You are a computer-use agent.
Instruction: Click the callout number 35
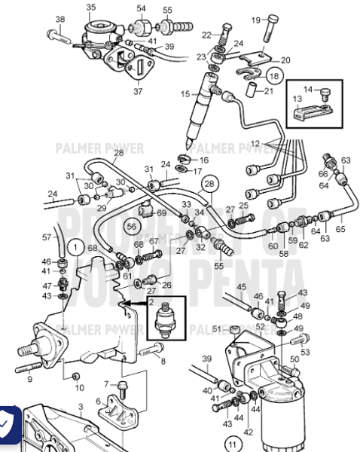coord(91,7)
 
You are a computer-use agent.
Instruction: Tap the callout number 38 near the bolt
coord(60,20)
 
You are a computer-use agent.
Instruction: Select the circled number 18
coord(273,76)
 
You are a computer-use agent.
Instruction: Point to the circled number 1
coord(75,246)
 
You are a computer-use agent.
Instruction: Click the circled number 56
coord(133,225)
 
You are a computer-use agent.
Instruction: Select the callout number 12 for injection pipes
coord(255,143)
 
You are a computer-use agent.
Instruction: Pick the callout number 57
coord(46,237)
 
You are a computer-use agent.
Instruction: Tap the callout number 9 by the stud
coord(30,379)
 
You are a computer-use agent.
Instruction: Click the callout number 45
coord(242,286)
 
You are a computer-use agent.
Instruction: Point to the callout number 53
coord(305,351)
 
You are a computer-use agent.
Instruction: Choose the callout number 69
coord(161,214)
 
